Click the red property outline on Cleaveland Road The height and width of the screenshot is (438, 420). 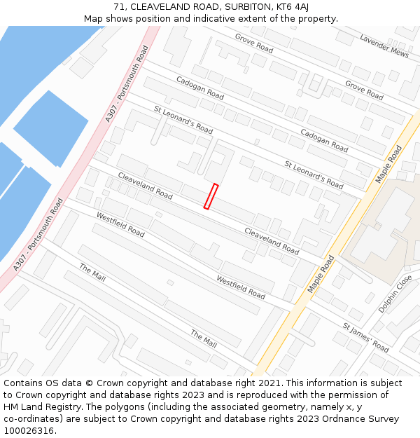click(211, 196)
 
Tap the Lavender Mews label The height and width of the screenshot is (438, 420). click(384, 46)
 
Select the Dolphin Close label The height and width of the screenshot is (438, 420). click(394, 294)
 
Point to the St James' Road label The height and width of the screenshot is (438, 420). click(365, 337)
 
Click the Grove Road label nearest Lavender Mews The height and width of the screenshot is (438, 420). click(364, 90)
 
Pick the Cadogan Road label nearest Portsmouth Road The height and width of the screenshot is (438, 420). click(199, 88)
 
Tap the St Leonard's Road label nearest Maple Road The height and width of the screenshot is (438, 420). click(314, 174)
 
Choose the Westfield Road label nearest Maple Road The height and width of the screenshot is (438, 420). click(240, 287)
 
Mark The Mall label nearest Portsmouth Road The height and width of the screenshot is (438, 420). click(92, 273)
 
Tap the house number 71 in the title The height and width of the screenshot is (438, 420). click(118, 7)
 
